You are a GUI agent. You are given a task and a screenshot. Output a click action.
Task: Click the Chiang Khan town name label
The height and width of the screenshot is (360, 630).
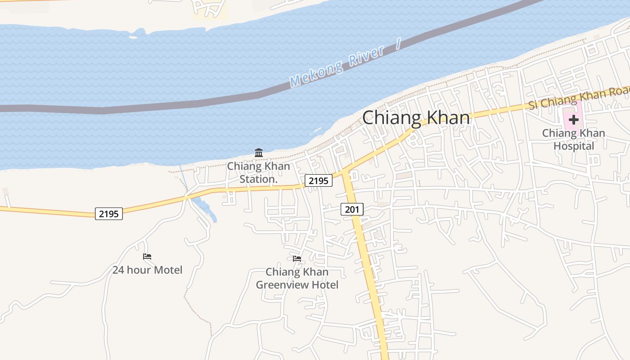tap(416, 118)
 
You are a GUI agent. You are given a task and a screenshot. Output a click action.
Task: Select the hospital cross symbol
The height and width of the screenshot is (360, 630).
tap(573, 120)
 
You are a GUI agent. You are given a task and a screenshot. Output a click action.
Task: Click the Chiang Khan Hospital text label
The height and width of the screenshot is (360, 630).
tap(573, 139)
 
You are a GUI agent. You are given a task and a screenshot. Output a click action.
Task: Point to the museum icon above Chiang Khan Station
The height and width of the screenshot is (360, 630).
tap(259, 153)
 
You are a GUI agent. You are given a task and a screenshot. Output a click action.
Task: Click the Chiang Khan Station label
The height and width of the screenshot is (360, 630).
tap(258, 172)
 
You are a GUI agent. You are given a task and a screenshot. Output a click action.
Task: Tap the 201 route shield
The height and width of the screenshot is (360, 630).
tap(352, 209)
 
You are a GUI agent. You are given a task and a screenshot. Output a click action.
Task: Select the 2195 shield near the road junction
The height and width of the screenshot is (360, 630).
tap(319, 180)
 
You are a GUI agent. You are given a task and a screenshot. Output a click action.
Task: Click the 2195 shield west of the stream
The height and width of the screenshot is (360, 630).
tap(109, 214)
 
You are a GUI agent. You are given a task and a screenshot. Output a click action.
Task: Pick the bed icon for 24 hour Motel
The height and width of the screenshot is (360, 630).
tap(147, 257)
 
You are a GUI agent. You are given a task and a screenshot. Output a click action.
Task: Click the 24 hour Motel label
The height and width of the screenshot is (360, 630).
tap(147, 270)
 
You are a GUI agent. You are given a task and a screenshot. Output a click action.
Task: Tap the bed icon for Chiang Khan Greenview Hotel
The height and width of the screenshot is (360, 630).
tap(297, 259)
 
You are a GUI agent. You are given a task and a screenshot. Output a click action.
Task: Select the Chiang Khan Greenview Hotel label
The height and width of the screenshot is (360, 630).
tap(297, 278)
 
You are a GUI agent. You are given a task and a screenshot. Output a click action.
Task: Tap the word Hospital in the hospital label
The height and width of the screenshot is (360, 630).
tap(573, 146)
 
